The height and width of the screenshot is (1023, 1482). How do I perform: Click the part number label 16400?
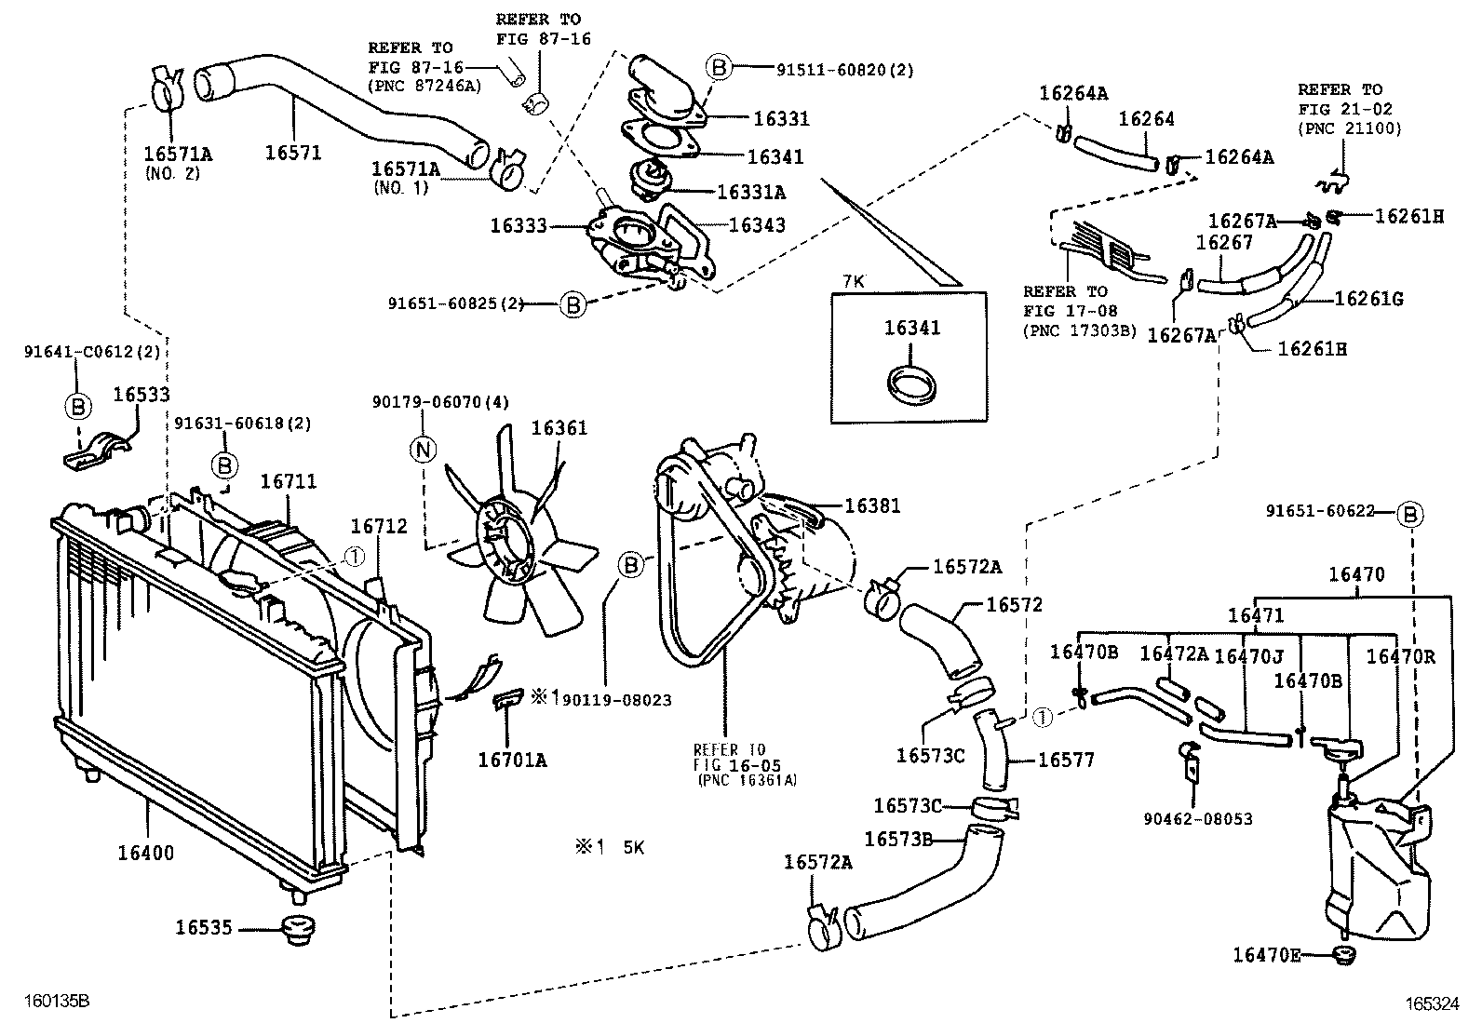[146, 852]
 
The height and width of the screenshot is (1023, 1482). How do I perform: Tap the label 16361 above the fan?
[559, 428]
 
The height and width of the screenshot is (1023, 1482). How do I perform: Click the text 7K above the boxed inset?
[855, 281]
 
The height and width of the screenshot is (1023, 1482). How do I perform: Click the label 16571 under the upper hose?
[293, 152]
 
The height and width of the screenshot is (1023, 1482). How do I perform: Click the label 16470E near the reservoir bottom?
[1266, 954]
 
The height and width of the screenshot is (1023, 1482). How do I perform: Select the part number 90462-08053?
[1198, 819]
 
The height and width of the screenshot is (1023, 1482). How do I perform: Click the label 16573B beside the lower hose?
[898, 839]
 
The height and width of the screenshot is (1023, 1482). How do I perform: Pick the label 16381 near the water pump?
[872, 506]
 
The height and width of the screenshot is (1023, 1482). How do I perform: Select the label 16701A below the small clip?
[512, 761]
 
